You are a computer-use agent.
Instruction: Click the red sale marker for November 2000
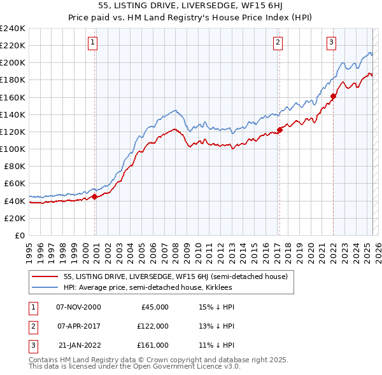click(x=95, y=196)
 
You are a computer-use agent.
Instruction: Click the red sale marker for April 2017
click(x=279, y=130)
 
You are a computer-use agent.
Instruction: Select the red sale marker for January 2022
click(x=333, y=97)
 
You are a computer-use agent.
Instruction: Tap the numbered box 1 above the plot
click(x=93, y=43)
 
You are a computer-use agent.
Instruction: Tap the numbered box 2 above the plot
click(x=278, y=43)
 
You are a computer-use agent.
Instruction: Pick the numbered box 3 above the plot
click(x=332, y=43)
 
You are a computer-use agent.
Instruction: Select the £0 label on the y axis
click(x=20, y=235)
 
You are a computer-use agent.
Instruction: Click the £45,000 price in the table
click(x=155, y=306)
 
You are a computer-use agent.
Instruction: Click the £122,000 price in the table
click(x=153, y=325)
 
